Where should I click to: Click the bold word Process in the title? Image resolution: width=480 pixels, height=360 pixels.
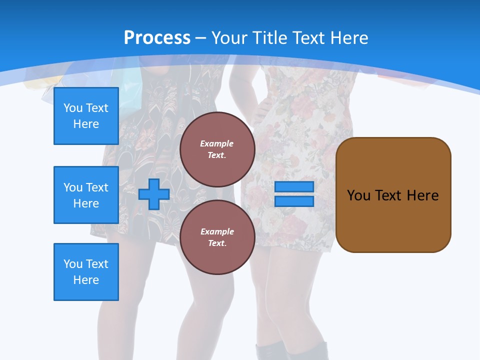pyautogui.click(x=157, y=37)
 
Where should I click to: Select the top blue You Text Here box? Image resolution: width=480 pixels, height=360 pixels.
pyautogui.click(x=86, y=116)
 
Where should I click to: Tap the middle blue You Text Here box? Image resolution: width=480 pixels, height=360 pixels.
pyautogui.click(x=86, y=195)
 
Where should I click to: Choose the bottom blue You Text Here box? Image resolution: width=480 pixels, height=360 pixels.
pyautogui.click(x=86, y=272)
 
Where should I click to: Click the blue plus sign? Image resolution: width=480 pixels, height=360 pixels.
pyautogui.click(x=154, y=194)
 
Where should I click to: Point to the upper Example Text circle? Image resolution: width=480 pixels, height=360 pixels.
pyautogui.click(x=217, y=149)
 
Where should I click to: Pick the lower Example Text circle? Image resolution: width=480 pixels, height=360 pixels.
pyautogui.click(x=217, y=237)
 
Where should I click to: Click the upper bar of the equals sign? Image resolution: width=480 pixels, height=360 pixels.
pyautogui.click(x=294, y=187)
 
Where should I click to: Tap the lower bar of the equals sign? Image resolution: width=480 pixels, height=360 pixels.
pyautogui.click(x=294, y=201)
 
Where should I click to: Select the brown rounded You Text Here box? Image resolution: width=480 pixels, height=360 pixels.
pyautogui.click(x=393, y=195)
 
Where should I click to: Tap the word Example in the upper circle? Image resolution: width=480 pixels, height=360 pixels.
pyautogui.click(x=217, y=143)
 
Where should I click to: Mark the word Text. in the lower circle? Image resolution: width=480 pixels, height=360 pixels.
pyautogui.click(x=217, y=243)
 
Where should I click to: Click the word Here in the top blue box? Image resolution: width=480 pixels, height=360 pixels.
pyautogui.click(x=86, y=124)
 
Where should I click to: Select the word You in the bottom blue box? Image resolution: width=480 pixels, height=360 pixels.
pyautogui.click(x=73, y=264)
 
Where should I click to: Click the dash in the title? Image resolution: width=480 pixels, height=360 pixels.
pyautogui.click(x=201, y=38)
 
